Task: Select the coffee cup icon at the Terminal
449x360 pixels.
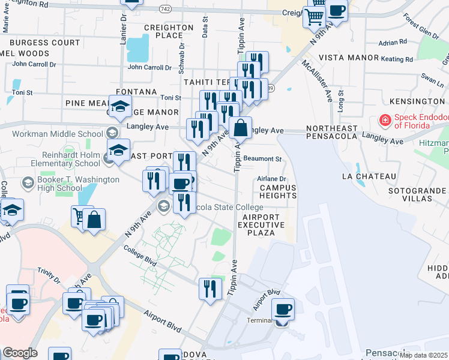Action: (283, 310)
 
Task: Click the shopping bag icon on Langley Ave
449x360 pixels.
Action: (240, 128)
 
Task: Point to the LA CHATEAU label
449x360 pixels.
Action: (369, 176)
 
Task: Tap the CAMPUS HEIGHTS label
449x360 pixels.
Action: (278, 193)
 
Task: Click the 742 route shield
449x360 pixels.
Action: (166, 8)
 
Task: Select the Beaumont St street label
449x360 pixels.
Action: (263, 159)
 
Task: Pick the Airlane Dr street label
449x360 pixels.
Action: (272, 179)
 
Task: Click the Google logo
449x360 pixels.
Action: (19, 353)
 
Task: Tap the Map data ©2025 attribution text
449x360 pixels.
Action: (423, 355)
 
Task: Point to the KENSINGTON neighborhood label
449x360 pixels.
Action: (416, 101)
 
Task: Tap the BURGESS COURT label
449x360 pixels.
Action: (44, 43)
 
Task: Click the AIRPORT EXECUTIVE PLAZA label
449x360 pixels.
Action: (261, 224)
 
